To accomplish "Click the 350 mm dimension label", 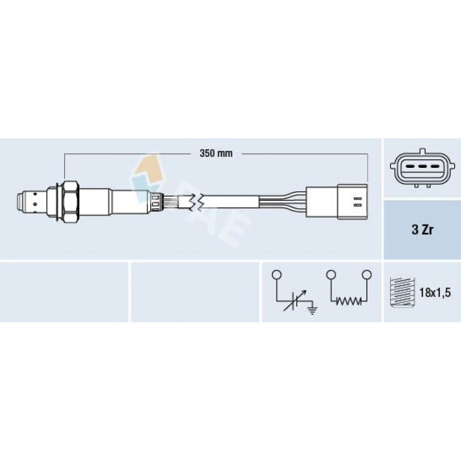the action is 216,154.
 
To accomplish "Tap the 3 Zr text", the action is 422,230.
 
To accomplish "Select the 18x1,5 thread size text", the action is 435,293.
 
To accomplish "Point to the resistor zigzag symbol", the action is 349,301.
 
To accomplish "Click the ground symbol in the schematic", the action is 313,310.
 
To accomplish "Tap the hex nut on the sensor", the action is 71,201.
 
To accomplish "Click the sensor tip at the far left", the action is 21,201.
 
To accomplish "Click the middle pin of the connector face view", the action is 422,167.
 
